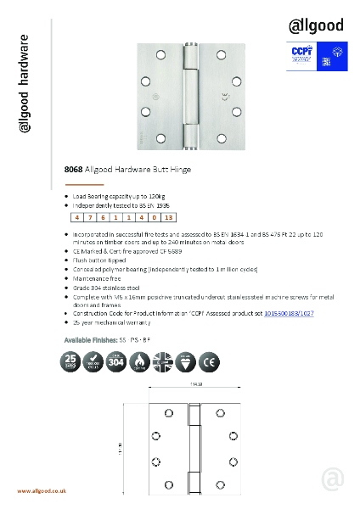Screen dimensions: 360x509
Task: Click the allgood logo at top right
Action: [x=315, y=25]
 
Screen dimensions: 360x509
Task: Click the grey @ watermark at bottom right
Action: [x=333, y=479]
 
